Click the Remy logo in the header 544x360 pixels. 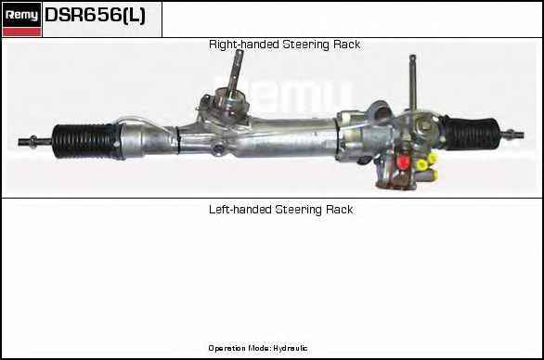[x=21, y=15]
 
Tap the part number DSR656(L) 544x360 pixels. [x=95, y=15]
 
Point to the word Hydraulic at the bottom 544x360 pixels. [x=291, y=348]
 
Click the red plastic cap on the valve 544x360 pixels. [x=403, y=161]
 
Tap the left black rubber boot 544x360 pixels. [x=85, y=141]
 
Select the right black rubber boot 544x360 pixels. [x=473, y=134]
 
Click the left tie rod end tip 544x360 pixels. [x=20, y=142]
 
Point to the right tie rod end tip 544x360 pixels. [x=522, y=135]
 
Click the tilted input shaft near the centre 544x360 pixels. [x=236, y=71]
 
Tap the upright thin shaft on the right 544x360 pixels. [x=412, y=82]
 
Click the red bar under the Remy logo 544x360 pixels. [x=21, y=32]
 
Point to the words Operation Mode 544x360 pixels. [x=239, y=348]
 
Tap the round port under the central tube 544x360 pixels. [x=218, y=149]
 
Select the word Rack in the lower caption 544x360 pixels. [x=340, y=210]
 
